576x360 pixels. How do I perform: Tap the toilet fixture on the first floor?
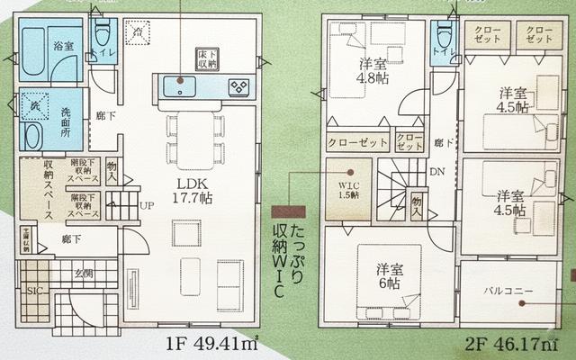tap(102, 35)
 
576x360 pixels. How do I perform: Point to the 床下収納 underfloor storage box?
tap(207, 58)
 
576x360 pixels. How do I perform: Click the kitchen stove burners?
tap(241, 87)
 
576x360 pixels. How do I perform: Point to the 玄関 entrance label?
tap(83, 274)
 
